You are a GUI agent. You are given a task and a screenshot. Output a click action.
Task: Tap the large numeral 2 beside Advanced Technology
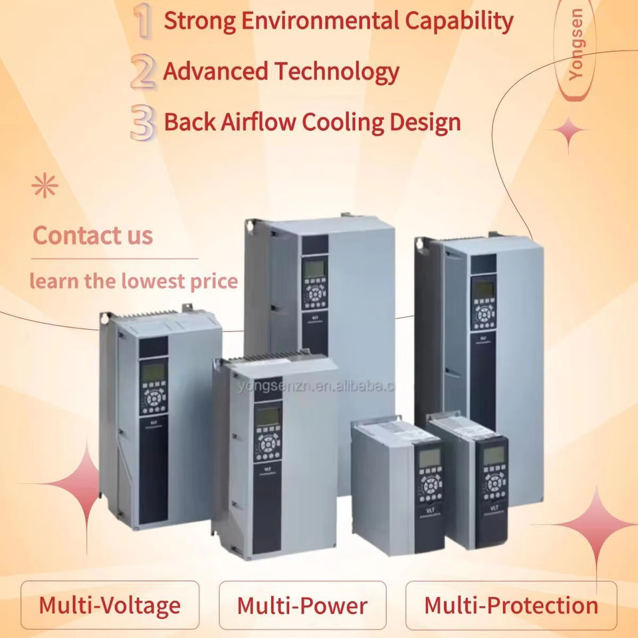(x=144, y=72)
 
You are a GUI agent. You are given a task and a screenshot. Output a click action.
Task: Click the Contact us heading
(x=92, y=235)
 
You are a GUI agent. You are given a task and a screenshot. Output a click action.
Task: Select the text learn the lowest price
(x=133, y=280)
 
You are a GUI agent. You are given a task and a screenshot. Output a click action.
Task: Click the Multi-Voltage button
(x=110, y=605)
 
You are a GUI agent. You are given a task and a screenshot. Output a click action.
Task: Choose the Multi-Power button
(x=302, y=605)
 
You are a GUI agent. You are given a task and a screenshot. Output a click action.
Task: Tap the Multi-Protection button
(x=511, y=605)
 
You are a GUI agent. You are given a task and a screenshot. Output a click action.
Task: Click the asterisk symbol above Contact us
(x=46, y=187)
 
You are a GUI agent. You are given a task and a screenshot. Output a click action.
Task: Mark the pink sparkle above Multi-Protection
(x=593, y=525)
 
